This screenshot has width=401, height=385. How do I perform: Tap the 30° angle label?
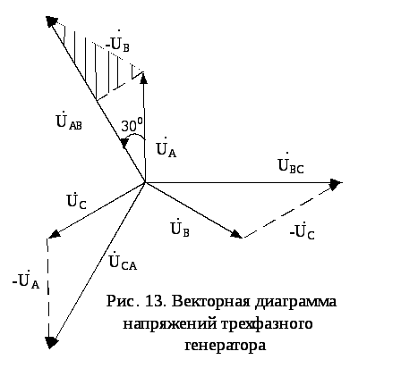pyautogui.click(x=132, y=125)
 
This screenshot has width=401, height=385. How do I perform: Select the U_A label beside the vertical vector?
pyautogui.click(x=166, y=147)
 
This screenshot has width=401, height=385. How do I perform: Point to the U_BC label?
pyautogui.click(x=291, y=163)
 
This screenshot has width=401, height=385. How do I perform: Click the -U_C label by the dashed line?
pyautogui.click(x=302, y=231)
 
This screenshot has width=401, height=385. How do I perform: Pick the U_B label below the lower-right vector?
pyautogui.click(x=180, y=228)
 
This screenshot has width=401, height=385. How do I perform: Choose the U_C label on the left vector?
pyautogui.click(x=77, y=200)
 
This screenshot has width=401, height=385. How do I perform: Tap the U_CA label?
pyautogui.click(x=123, y=262)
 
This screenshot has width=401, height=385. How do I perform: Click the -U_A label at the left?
pyautogui.click(x=26, y=280)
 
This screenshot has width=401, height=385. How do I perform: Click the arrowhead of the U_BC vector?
pyautogui.click(x=337, y=182)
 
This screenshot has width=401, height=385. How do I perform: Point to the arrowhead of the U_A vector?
pyautogui.click(x=143, y=78)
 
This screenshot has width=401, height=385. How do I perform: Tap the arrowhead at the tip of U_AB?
pyautogui.click(x=52, y=21)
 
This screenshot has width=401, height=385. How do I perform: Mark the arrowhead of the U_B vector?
pyautogui.click(x=237, y=234)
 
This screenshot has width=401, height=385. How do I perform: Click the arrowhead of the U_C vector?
pyautogui.click(x=54, y=234)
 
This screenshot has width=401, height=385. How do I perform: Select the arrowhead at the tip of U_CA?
pyautogui.click(x=51, y=343)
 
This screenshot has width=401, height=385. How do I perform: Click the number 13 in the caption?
pyautogui.click(x=155, y=301)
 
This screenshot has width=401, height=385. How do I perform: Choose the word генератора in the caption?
pyautogui.click(x=226, y=346)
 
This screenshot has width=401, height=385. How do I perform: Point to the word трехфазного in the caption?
pyautogui.click(x=268, y=323)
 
